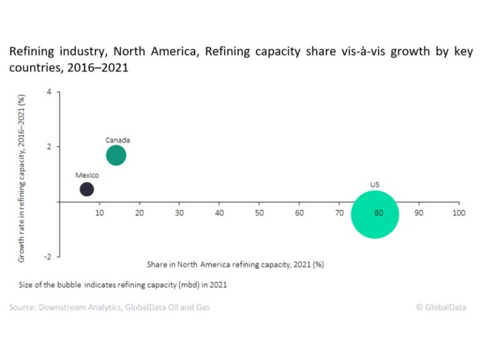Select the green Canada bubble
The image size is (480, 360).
(x=116, y=155)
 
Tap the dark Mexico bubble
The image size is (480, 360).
(x=87, y=189)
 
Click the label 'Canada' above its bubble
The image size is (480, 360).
(x=117, y=140)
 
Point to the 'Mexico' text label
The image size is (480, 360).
(x=87, y=175)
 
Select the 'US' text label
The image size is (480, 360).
(x=375, y=184)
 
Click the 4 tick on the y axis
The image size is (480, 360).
(x=49, y=92)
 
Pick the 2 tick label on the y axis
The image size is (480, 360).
(x=49, y=147)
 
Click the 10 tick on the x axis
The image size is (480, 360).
(x=99, y=213)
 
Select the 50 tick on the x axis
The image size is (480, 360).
(x=259, y=213)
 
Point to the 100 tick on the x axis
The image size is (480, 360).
(x=459, y=213)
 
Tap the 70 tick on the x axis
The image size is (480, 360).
(x=339, y=213)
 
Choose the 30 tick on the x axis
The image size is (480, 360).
(x=179, y=213)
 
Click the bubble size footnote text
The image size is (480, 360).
(x=122, y=284)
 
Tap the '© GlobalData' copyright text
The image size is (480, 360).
(x=441, y=307)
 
